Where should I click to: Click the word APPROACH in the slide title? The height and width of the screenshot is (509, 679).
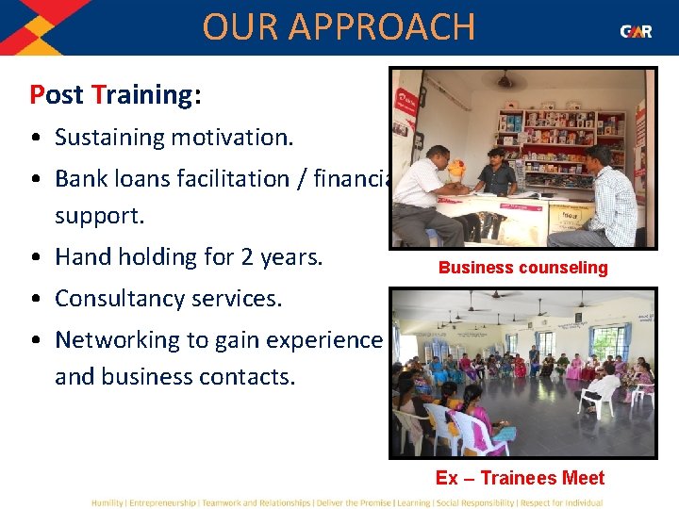point(390,27)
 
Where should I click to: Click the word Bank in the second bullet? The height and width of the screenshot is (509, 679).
point(81,178)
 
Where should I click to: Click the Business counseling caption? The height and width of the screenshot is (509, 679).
point(522,268)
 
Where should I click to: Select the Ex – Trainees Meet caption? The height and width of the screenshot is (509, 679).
point(520,478)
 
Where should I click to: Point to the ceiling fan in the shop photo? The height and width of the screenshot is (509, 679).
point(511,80)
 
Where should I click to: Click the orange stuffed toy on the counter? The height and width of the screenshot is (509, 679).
point(456,171)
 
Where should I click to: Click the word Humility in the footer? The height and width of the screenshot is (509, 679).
point(107,502)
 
